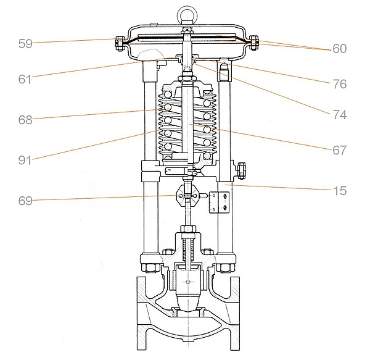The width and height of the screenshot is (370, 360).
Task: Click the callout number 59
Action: [x=26, y=44]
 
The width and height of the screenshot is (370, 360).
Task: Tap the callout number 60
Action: [x=339, y=48]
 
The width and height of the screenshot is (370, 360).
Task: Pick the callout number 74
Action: [x=339, y=114]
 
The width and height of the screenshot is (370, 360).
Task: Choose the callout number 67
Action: [x=339, y=150]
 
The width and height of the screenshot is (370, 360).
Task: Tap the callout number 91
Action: [x=26, y=160]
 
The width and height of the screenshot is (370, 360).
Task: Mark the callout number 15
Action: [x=339, y=191]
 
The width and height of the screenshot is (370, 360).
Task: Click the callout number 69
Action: [x=26, y=200]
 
